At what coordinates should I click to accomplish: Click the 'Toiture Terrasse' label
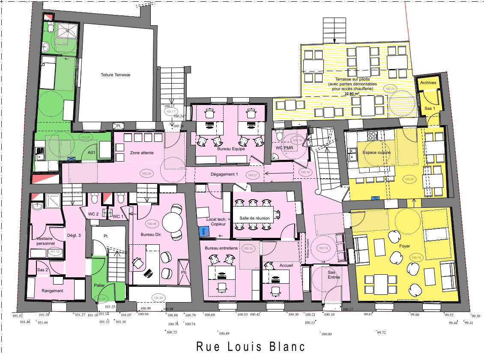coord(116,75)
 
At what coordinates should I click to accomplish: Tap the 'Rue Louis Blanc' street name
coord(251,346)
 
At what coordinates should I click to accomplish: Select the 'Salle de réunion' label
coord(254,218)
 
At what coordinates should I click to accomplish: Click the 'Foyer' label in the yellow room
coord(404,246)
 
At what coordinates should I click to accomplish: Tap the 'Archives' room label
coord(428,82)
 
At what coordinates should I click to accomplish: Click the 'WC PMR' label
coord(284,148)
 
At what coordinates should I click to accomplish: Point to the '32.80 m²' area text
coord(350,93)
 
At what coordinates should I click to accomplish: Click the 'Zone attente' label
coord(141,153)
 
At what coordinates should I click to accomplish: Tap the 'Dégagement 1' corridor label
coord(224,174)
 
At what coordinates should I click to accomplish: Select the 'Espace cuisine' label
coord(376,153)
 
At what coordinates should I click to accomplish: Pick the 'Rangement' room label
coord(52,291)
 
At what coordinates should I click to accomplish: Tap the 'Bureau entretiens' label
coord(221,249)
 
